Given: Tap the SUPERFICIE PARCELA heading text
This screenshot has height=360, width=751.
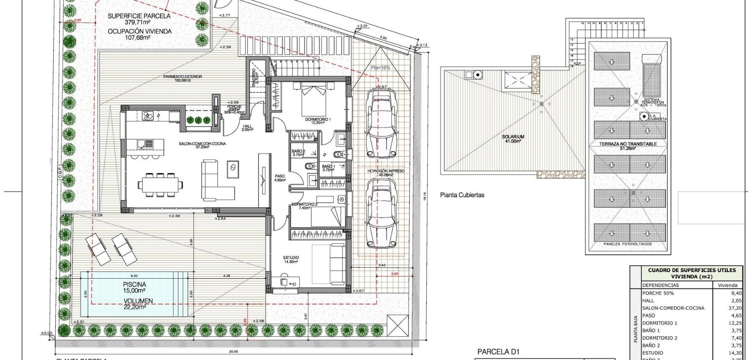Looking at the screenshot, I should point(139,16).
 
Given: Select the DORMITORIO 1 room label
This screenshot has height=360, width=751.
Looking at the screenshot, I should point(318,119).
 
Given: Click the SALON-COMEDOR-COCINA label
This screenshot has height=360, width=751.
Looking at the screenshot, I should point(202,144).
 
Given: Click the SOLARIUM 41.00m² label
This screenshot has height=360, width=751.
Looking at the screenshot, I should point(513,137).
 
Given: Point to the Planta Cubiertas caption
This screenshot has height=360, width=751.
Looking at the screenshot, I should point(462,195).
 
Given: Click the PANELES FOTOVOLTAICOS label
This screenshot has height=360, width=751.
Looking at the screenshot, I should point(627,244).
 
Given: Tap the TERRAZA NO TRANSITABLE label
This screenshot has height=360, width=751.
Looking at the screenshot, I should point(628,144).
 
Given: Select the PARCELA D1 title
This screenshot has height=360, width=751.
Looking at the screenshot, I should point(498,352).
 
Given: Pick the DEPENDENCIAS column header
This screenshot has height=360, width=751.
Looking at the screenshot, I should point(660,285).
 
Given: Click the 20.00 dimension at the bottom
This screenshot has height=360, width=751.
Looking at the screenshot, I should point(234,351).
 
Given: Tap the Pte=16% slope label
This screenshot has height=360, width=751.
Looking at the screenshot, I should point(380,68).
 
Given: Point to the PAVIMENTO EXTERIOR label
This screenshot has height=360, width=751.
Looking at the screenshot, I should point(182,77).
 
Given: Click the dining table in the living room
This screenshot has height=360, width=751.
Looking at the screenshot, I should point(160,184).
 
